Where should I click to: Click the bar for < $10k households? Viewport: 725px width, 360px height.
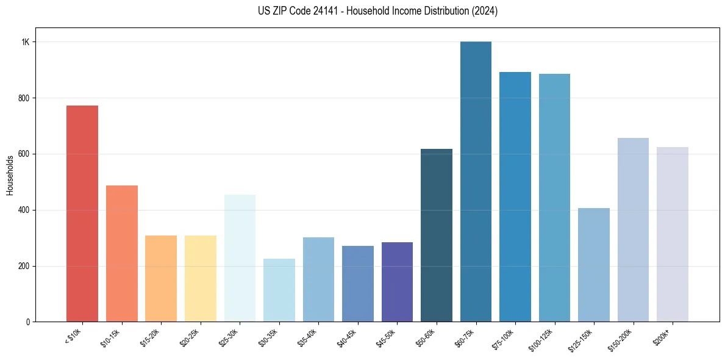[82, 214]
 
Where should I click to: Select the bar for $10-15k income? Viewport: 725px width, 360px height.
[121, 253]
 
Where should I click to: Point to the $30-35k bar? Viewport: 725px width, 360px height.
[279, 290]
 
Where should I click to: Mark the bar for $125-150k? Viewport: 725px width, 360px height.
[594, 265]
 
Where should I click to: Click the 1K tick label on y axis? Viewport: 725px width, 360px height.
[26, 42]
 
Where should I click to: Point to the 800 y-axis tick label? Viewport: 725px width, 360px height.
[24, 98]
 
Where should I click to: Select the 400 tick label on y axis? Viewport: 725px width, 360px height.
[24, 210]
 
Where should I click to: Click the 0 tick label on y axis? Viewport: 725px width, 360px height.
[27, 322]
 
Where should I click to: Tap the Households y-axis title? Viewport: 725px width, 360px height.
[10, 175]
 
